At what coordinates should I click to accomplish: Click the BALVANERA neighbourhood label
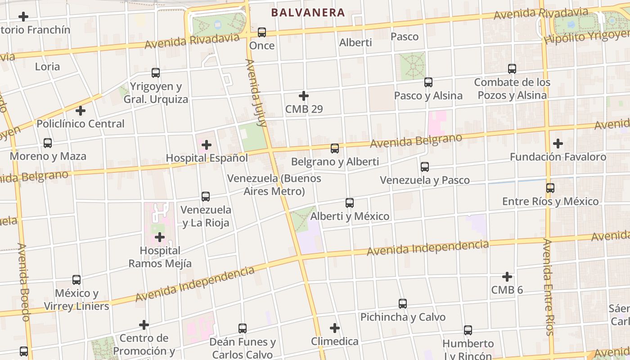308,13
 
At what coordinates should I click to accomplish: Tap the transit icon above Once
262,32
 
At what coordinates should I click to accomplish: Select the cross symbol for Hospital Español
207,145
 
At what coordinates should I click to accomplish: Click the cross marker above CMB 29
304,96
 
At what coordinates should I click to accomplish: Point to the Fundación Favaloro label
558,157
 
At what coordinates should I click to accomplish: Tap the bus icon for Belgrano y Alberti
335,148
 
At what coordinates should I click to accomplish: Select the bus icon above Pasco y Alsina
428,82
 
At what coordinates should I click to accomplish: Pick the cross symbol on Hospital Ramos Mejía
160,237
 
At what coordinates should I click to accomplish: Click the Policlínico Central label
81,124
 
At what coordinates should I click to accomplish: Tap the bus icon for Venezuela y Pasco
425,167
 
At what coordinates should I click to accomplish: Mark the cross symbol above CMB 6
507,277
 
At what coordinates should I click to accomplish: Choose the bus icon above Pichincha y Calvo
403,304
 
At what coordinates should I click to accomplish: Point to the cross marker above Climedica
335,328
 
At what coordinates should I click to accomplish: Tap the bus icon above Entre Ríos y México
550,188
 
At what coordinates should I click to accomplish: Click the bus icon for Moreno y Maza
48,143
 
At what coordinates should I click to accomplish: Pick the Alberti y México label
350,216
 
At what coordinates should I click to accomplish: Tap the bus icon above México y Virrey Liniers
76,280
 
